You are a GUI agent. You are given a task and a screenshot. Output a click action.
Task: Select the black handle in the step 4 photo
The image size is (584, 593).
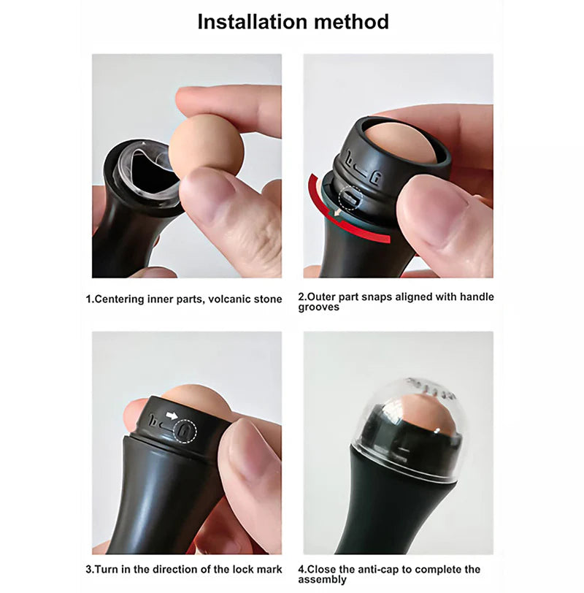[399, 511]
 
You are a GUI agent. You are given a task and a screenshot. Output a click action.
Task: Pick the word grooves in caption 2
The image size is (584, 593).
[318, 307]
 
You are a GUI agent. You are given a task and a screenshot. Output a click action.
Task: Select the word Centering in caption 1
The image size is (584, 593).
[120, 299]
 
